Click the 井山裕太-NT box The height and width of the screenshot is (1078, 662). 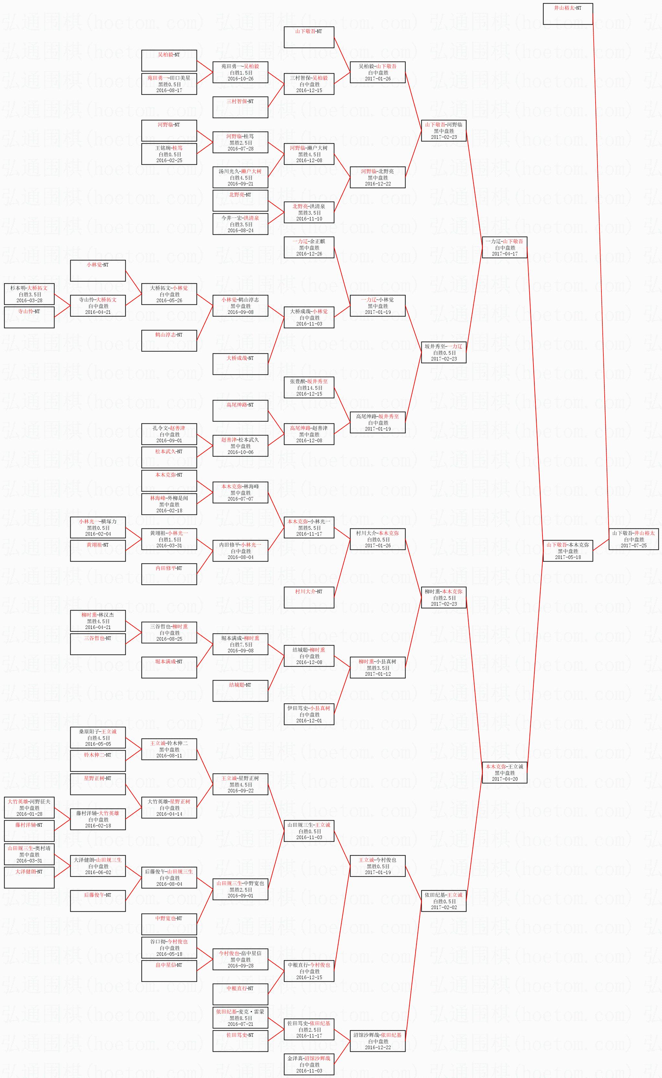[567, 14]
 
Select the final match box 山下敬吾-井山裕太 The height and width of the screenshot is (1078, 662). [633, 539]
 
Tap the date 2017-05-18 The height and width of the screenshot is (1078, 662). [567, 557]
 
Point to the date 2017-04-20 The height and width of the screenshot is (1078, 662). [504, 779]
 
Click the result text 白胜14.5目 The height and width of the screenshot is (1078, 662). [309, 388]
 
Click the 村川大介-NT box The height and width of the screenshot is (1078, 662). [309, 597]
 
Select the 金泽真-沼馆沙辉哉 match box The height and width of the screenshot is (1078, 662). [309, 1064]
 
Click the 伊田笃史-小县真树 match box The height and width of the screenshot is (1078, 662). [309, 714]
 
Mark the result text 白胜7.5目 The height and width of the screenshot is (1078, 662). [240, 645]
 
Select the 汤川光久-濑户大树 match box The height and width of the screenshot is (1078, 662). [240, 177]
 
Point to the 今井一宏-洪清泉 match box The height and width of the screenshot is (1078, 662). [240, 224]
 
